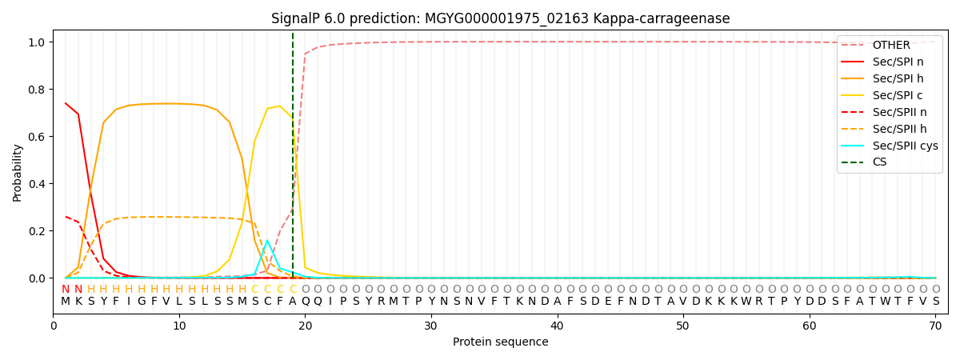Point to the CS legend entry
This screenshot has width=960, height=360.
point(879,162)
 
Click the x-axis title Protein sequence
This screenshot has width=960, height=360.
point(500,342)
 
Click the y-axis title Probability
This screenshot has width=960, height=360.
point(18,172)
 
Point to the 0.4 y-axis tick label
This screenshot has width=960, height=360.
point(38,184)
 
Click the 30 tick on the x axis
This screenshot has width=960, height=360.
point(431,326)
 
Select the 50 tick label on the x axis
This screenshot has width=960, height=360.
point(682,326)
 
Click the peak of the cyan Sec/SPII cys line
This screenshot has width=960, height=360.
point(267,241)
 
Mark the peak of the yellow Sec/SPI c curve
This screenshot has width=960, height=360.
point(280,106)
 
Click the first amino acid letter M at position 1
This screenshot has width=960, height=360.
point(66,302)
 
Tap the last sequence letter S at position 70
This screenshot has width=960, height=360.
point(935,302)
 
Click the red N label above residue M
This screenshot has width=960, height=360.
point(66,290)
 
